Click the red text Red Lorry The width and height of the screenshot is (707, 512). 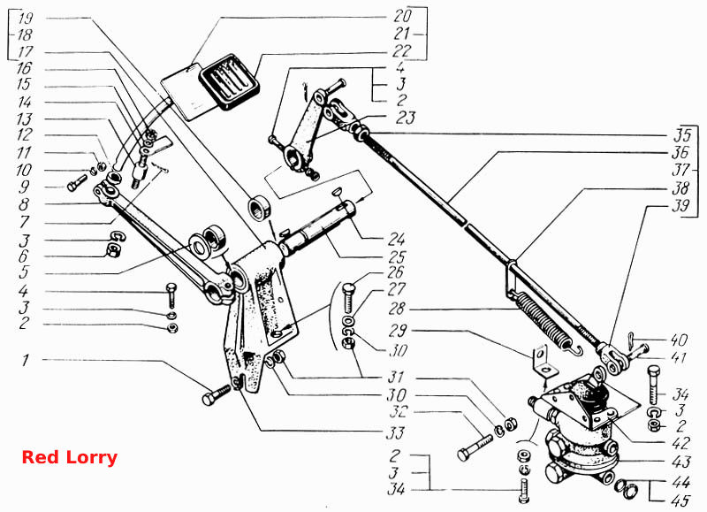point(70,457)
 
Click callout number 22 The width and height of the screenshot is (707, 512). point(401,50)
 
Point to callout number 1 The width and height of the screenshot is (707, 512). point(26,360)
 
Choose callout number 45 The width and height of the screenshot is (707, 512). point(680,501)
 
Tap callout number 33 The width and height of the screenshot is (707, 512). point(395,433)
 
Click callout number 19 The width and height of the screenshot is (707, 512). point(26,19)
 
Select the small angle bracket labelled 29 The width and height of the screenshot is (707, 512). point(544,361)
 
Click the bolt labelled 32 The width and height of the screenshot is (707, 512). point(475,447)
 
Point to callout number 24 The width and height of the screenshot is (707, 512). point(396,239)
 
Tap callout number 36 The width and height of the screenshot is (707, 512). point(680,152)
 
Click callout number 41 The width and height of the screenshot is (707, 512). point(679,358)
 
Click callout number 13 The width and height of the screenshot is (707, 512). point(25,119)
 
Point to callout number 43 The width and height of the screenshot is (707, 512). point(680,462)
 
